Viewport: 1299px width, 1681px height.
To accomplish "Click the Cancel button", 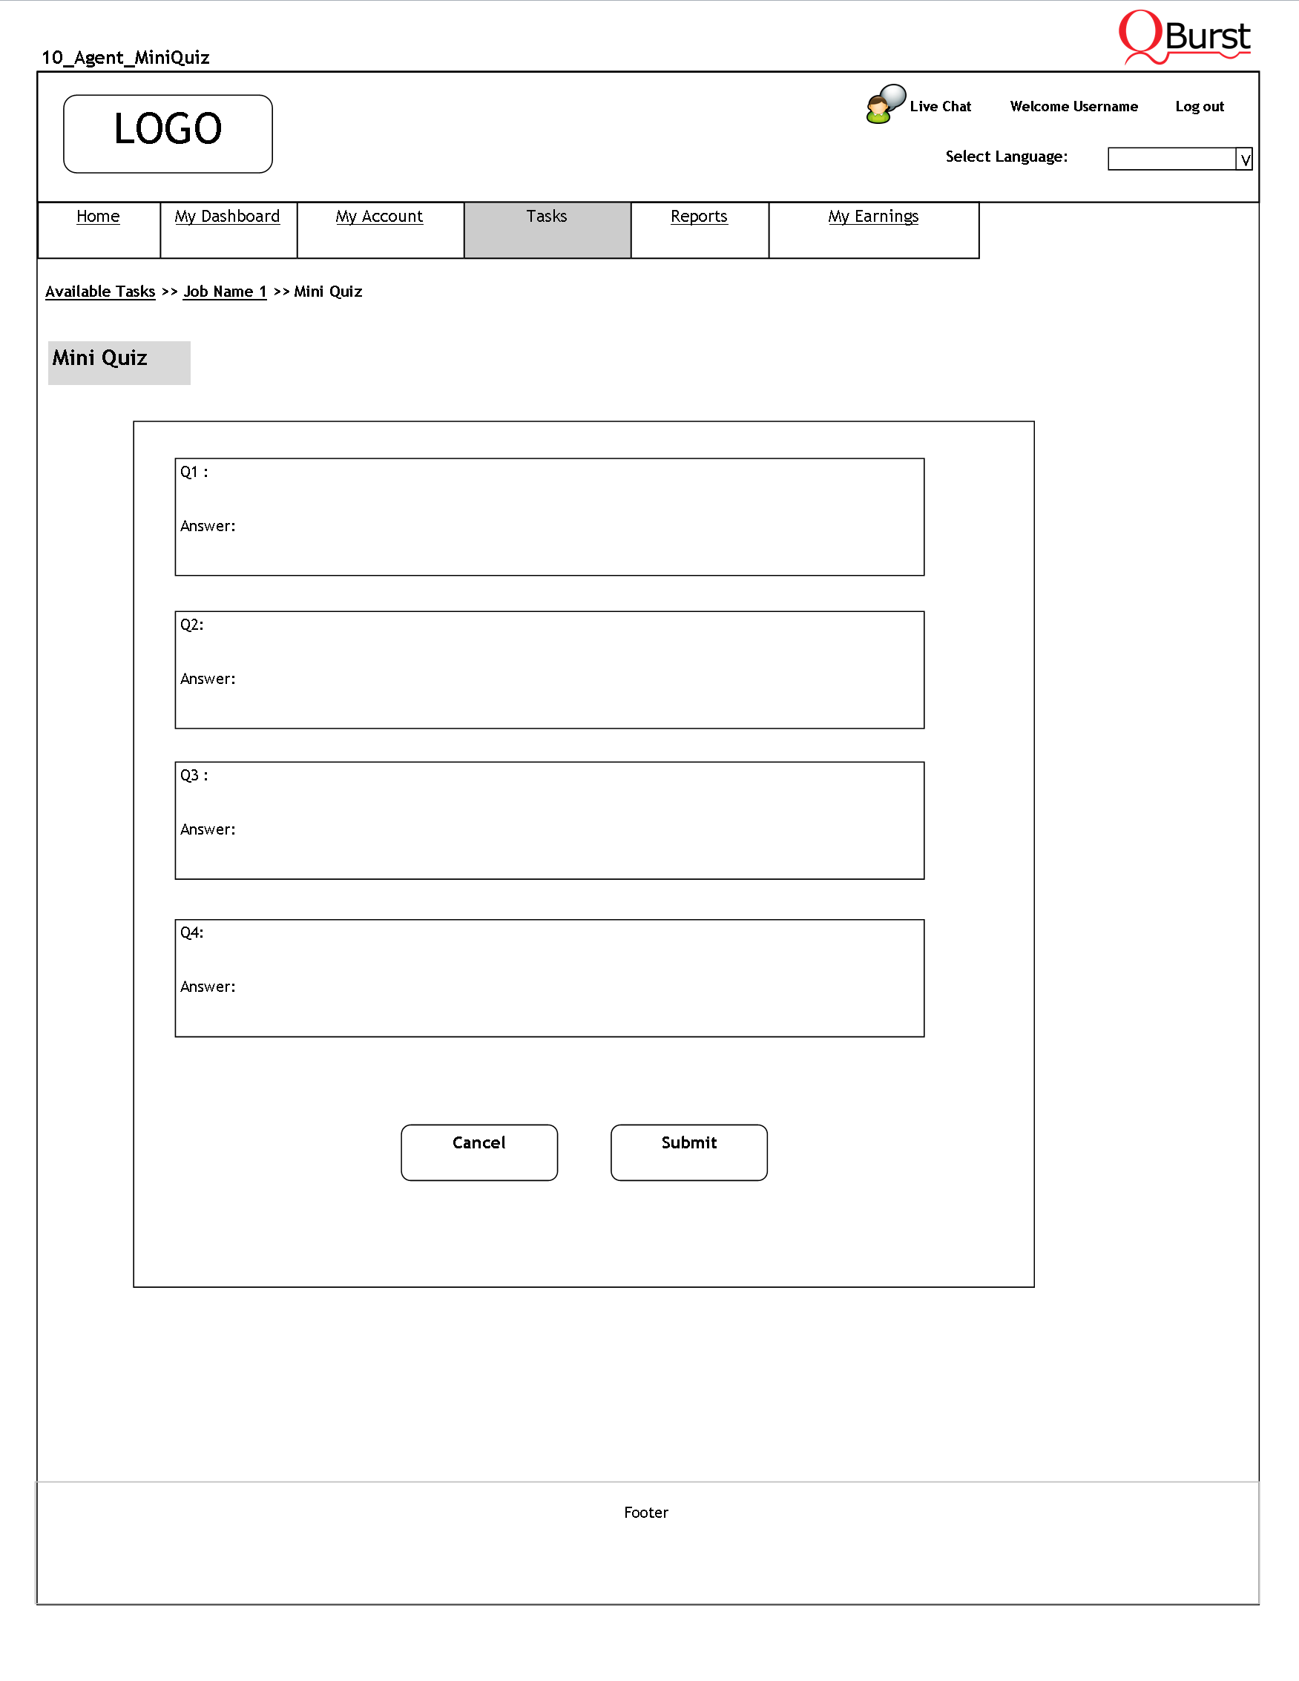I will pyautogui.click(x=479, y=1151).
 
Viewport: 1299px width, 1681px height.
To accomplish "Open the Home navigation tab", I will pyautogui.click(x=98, y=217).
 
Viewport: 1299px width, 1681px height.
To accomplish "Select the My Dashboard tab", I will pyautogui.click(x=227, y=217).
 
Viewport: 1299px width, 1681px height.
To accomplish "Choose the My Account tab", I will pyautogui.click(x=379, y=217).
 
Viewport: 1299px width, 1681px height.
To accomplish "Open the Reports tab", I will pyautogui.click(x=699, y=217).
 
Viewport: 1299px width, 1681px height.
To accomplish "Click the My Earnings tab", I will pyautogui.click(x=873, y=217).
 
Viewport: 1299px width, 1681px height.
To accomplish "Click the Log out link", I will pyautogui.click(x=1199, y=106).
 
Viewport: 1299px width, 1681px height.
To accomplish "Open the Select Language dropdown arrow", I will pyautogui.click(x=1244, y=159).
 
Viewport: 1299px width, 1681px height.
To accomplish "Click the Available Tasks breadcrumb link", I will pyautogui.click(x=100, y=292).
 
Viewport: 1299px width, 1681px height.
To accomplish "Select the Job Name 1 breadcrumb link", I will pyautogui.click(x=225, y=292).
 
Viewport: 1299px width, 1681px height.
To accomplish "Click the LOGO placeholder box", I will pyautogui.click(x=168, y=134).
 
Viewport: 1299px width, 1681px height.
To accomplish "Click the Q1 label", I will pyautogui.click(x=194, y=472).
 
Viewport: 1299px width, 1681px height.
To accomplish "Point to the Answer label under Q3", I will pyautogui.click(x=208, y=829).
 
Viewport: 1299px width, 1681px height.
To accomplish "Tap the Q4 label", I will pyautogui.click(x=191, y=932).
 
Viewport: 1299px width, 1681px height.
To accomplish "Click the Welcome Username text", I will pyautogui.click(x=1073, y=106).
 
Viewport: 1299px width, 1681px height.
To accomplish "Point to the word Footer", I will pyautogui.click(x=645, y=1513).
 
